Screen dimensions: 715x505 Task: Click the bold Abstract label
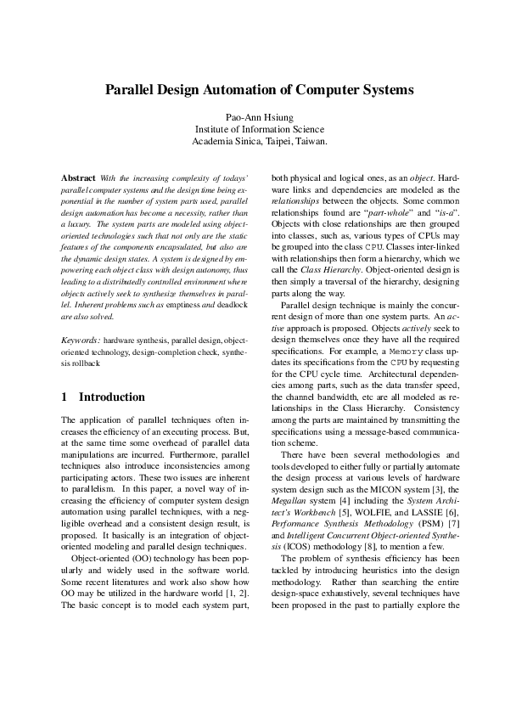point(79,177)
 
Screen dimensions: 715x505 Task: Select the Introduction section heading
point(112,397)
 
